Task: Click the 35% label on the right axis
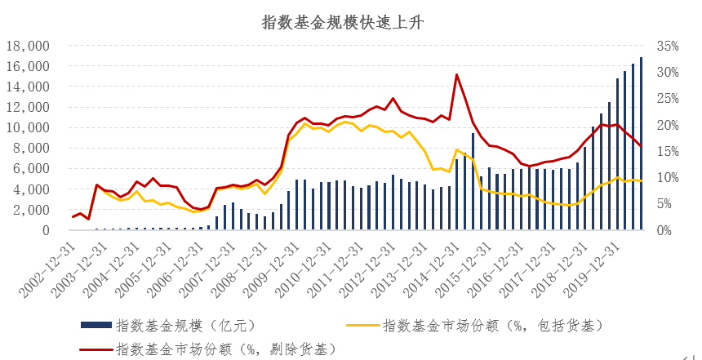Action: pos(668,47)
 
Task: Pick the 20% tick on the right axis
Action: pos(668,125)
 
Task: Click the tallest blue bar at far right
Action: pos(641,144)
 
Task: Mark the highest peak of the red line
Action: pos(456,74)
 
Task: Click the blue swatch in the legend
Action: pos(96,327)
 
